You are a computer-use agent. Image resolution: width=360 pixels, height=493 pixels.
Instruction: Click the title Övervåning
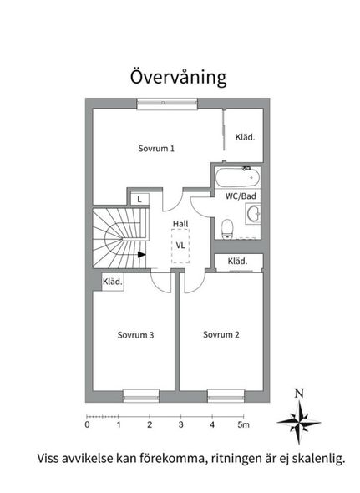178,77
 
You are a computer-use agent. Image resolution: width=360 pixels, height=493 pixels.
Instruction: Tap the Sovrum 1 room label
156,149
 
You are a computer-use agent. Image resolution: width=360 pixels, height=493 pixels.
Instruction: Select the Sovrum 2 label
221,334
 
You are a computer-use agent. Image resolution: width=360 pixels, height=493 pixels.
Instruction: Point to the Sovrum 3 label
135,335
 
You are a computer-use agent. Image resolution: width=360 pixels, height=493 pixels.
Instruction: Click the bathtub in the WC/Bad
238,177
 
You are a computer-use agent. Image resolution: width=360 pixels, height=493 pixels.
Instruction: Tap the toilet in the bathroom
227,229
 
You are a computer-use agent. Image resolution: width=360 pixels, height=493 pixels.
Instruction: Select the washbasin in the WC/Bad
253,214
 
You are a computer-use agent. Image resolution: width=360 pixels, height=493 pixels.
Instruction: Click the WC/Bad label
241,196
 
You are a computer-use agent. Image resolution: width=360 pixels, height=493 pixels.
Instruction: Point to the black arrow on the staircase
142,254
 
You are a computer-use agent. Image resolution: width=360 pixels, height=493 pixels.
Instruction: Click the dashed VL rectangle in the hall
180,246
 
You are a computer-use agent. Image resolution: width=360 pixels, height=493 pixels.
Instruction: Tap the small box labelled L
139,199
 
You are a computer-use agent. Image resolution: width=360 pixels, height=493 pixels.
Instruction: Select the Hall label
180,224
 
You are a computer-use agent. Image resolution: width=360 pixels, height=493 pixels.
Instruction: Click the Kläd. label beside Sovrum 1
245,137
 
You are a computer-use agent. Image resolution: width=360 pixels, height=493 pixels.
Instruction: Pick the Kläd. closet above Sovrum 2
239,262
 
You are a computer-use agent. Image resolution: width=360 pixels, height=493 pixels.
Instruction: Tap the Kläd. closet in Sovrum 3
113,282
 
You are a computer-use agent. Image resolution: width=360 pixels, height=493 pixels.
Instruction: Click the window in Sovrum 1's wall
167,104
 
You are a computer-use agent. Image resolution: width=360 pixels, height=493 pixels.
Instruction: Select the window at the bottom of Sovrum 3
141,395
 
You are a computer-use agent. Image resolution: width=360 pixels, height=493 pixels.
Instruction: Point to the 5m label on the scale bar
243,424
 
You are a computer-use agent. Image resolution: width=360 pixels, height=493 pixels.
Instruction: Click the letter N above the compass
299,394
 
